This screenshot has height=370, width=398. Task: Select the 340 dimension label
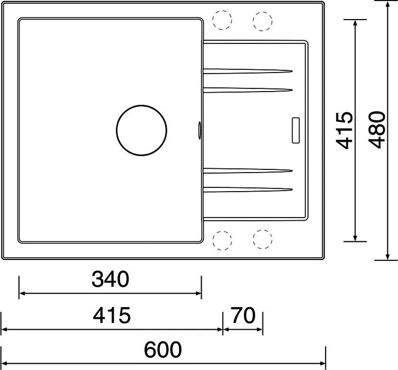[110, 279]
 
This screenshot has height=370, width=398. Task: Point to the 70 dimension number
[243, 315]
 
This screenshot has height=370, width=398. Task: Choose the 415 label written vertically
[345, 130]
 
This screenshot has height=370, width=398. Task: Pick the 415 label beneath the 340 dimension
[111, 315]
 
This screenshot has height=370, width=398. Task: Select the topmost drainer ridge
[248, 70]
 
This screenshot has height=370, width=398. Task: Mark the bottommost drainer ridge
[248, 189]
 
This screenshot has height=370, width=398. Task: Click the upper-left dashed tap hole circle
[222, 20]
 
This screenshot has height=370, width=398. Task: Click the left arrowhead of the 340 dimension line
[22, 293]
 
